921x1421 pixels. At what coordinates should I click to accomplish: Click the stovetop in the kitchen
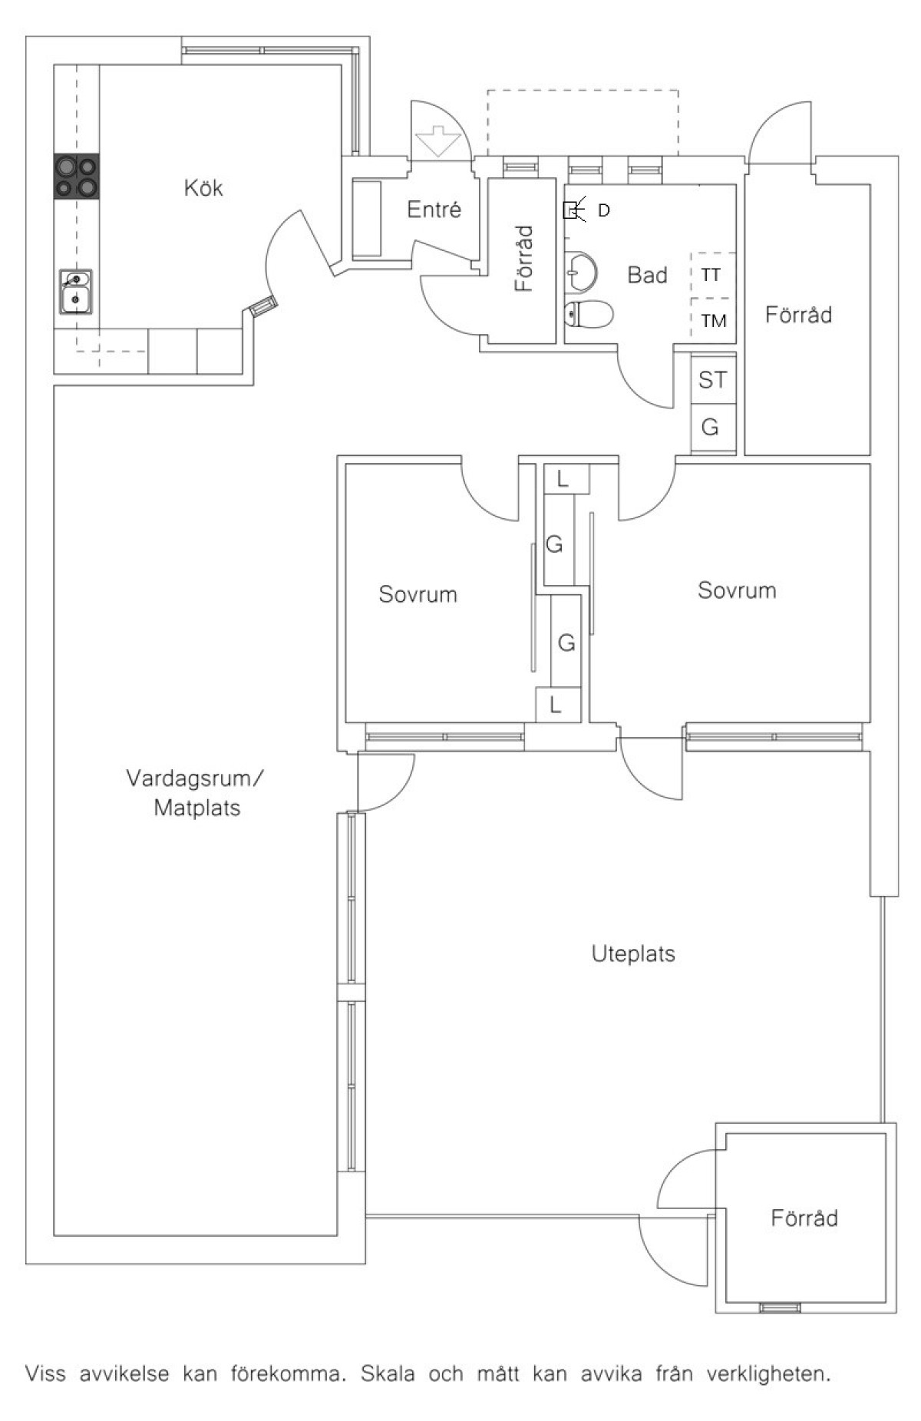tap(77, 177)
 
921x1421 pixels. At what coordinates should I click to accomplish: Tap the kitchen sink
tap(76, 291)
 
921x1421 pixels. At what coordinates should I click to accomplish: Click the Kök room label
tap(203, 188)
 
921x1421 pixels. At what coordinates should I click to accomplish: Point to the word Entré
tap(434, 210)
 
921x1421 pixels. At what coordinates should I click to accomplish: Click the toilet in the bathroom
tap(589, 313)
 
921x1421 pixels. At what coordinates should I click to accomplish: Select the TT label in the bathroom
tap(711, 275)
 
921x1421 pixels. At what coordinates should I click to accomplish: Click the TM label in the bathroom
tap(713, 321)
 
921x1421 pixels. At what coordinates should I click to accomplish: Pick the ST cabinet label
tap(712, 379)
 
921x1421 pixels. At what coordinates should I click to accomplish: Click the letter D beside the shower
tap(604, 210)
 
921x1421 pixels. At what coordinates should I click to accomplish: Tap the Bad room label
tap(647, 275)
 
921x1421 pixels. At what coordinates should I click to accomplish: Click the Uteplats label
tap(633, 954)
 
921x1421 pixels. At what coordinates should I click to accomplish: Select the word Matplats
tap(197, 808)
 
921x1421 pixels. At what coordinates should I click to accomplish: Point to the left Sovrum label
tap(418, 594)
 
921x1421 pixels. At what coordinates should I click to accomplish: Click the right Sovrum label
tap(737, 590)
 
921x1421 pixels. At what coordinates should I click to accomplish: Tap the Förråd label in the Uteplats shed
tap(804, 1218)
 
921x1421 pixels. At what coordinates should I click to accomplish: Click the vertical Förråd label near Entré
tap(523, 258)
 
